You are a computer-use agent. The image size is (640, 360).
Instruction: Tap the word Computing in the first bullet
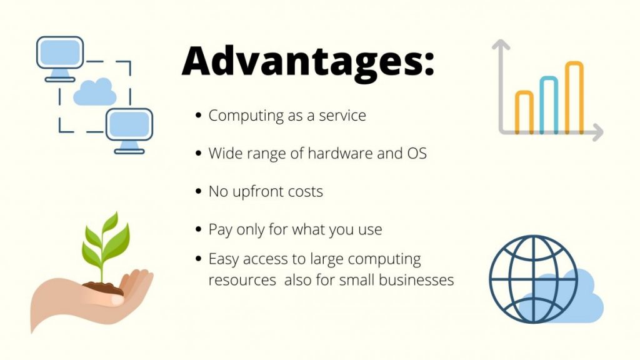point(246,116)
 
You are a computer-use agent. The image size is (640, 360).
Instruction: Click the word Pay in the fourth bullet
point(221,230)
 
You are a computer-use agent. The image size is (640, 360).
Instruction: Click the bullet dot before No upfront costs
point(199,191)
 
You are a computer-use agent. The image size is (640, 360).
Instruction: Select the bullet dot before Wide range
point(199,153)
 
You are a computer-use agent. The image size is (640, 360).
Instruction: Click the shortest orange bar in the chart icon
point(524,112)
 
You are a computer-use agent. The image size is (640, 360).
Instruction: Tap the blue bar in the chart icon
point(549,105)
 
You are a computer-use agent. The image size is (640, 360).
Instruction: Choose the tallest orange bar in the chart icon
point(574,97)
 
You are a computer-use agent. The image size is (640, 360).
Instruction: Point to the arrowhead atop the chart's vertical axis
point(501,44)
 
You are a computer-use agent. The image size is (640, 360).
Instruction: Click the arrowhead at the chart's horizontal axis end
point(598,132)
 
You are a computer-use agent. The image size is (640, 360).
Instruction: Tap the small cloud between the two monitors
point(95,92)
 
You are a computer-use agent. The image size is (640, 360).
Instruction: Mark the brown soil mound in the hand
point(103,287)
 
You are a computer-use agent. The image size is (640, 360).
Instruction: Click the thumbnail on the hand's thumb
point(117,301)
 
